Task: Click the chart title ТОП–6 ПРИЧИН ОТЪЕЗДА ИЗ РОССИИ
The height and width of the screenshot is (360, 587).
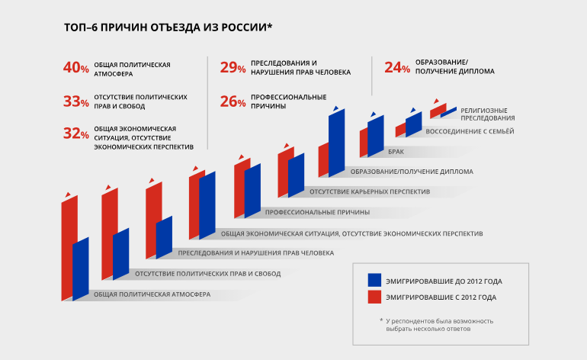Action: pos(168,28)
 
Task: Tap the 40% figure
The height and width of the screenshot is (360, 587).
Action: pos(76,68)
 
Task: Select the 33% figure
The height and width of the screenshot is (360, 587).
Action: pos(76,101)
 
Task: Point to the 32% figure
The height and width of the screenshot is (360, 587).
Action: pos(76,133)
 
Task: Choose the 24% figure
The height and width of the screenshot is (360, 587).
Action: pos(397,68)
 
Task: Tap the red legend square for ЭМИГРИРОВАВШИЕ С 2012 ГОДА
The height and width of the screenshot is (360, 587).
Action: pos(374,297)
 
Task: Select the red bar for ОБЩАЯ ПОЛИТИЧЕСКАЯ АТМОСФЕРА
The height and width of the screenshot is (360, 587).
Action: pos(69,248)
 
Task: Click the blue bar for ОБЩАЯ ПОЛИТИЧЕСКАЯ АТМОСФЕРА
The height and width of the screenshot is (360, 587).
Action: pos(81,268)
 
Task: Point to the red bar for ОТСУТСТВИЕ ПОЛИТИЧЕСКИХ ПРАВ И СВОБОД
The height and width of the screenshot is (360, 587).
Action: pos(109,233)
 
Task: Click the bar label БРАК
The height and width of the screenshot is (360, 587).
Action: pos(396,152)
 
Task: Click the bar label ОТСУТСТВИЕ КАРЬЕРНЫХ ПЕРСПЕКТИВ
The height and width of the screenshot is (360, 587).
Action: pos(370,191)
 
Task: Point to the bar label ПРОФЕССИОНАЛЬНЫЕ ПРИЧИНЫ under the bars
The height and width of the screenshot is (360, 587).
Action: pos(317,211)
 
